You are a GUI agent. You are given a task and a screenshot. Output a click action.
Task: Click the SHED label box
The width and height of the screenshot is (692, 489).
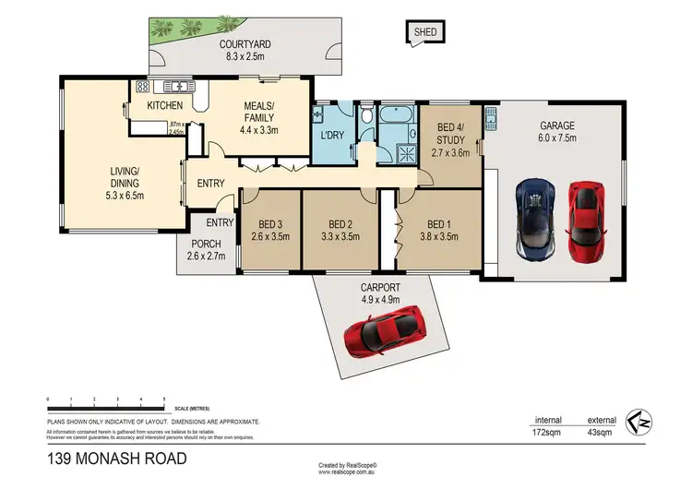tap(424, 32)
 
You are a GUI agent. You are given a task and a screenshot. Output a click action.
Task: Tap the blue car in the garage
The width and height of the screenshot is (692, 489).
tap(537, 218)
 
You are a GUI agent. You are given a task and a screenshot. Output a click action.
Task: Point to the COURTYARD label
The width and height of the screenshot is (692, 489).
tap(245, 44)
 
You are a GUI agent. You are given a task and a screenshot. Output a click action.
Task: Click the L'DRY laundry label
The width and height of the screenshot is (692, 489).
tap(331, 137)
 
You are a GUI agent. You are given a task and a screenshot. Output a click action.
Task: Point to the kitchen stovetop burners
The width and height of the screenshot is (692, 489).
tap(143, 87)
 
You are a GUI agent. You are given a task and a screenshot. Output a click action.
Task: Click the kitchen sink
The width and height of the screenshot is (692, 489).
tap(176, 87)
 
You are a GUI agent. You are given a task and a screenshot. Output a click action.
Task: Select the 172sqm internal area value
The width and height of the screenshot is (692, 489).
tap(546, 431)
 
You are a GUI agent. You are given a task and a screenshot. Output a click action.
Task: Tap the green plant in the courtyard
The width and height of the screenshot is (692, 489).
tap(162, 33)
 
